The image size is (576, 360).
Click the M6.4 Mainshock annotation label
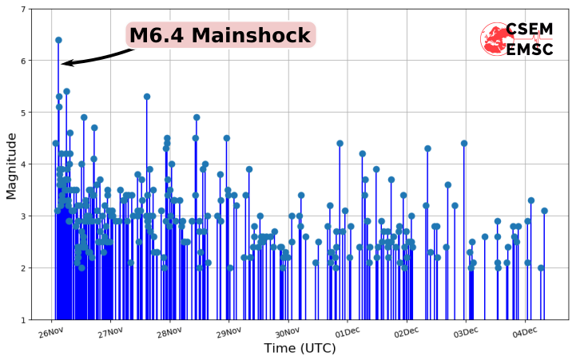[220, 36]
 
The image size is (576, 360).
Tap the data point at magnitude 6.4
[58, 40]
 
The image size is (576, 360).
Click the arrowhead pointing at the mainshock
[65, 63]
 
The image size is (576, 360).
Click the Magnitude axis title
[11, 165]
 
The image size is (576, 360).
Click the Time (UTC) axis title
[300, 349]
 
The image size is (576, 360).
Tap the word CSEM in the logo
[529, 30]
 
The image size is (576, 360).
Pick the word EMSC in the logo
[529, 49]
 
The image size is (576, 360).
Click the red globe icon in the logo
[495, 39]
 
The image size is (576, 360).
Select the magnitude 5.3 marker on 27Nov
[147, 97]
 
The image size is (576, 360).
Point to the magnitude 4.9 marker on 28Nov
[197, 117]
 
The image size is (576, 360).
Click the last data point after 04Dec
[545, 212]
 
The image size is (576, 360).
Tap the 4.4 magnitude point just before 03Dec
[464, 144]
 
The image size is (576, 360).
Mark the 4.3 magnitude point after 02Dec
[427, 148]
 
